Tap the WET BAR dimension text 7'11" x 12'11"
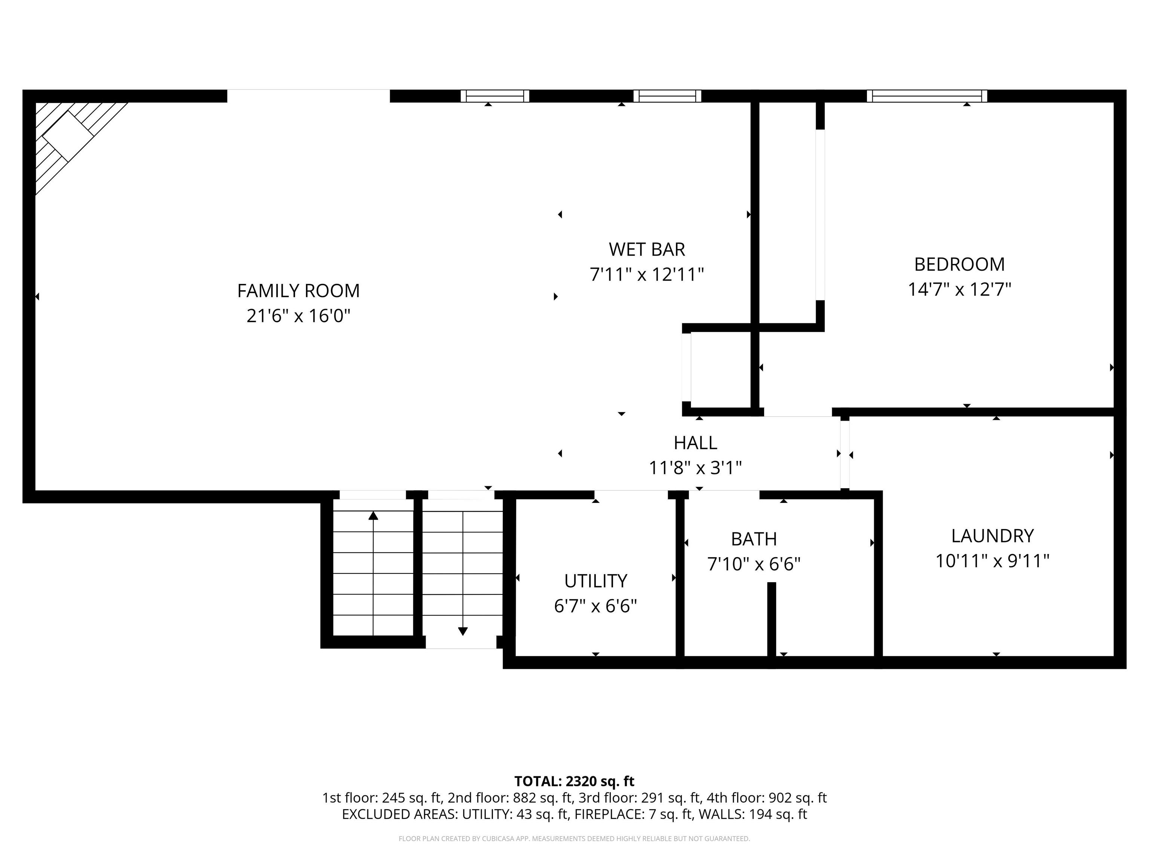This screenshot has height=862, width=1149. click(647, 274)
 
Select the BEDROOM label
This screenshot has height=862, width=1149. click(959, 265)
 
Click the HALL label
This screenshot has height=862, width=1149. click(696, 443)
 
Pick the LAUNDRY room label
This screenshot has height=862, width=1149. click(992, 536)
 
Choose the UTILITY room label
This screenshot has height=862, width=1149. click(596, 581)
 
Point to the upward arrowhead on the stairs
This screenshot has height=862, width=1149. click(373, 516)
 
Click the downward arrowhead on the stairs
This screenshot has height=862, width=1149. click(463, 631)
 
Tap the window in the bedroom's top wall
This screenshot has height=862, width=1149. click(927, 96)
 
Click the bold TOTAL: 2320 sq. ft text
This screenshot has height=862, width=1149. click(574, 782)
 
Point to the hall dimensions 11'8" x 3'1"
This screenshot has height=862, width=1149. click(696, 468)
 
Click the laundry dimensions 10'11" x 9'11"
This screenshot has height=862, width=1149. click(992, 561)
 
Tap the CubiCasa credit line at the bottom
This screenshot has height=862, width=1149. click(574, 839)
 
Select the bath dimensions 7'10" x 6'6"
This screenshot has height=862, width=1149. click(754, 564)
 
